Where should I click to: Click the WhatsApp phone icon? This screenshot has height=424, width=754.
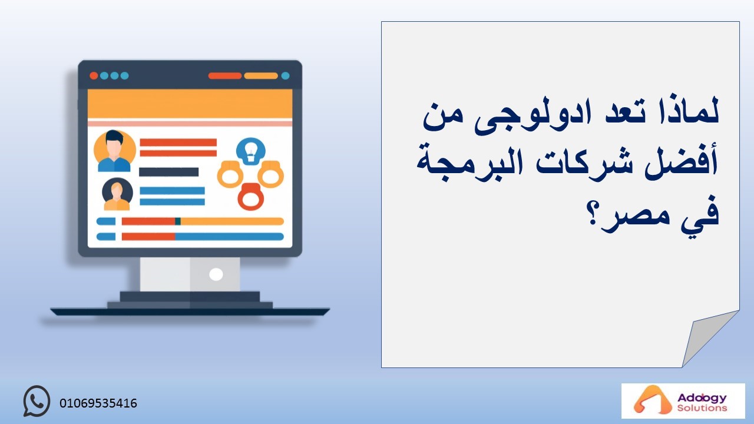(37, 401)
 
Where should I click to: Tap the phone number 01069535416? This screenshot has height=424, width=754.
(98, 403)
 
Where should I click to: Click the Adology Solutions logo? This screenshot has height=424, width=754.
(683, 401)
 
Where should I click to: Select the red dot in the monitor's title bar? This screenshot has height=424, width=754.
(94, 76)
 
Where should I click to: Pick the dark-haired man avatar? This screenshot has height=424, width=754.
(114, 151)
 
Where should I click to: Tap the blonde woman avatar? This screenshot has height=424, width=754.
(117, 194)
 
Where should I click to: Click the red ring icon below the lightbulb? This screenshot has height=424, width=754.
(251, 197)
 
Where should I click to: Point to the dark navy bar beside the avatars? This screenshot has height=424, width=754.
(169, 172)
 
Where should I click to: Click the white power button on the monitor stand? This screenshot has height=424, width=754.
(216, 274)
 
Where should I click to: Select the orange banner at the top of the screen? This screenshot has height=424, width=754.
(190, 104)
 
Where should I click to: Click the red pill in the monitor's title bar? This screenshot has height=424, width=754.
(225, 76)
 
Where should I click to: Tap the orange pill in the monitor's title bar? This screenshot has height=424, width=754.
(261, 76)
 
